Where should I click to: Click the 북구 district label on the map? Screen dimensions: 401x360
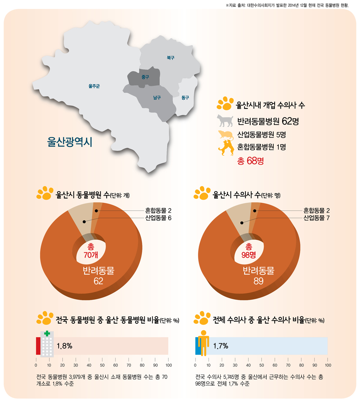(x=170, y=57)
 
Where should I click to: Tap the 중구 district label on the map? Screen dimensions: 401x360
(x=145, y=77)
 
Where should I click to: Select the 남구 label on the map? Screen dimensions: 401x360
(x=157, y=98)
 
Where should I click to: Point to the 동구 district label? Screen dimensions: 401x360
(x=185, y=98)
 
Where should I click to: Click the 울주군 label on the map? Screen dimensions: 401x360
(x=94, y=86)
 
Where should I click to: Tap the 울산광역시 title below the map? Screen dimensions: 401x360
(x=70, y=142)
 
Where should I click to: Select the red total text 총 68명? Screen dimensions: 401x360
(x=251, y=161)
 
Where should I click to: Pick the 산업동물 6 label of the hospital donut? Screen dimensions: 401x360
(x=156, y=218)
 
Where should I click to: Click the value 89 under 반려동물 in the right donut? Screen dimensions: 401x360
(x=258, y=281)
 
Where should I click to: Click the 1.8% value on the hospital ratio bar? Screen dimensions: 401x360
(x=64, y=346)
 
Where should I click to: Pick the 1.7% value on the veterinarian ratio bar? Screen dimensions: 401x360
(x=221, y=346)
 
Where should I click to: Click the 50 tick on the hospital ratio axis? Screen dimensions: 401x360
(x=102, y=365)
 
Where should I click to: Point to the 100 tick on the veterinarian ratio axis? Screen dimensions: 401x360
(x=327, y=365)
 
